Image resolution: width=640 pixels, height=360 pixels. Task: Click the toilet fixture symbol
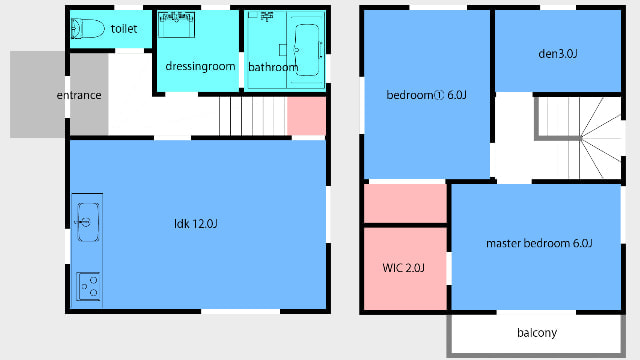coord(88,29)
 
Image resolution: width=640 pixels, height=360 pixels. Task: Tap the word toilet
coord(124,29)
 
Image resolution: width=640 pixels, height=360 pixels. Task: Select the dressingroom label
coord(200,66)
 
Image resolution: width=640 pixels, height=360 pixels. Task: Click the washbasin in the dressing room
coord(176,24)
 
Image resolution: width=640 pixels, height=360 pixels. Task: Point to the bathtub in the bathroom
coord(307,50)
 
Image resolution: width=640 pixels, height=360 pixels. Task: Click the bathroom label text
coord(273,67)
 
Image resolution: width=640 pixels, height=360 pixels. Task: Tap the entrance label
coord(79,95)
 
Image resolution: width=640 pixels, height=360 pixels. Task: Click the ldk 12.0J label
coord(196,224)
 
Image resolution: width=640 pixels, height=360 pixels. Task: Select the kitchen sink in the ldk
coord(87,222)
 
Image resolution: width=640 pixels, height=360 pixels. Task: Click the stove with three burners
coord(88,286)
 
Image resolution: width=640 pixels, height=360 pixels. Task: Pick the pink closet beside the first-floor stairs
coord(307,116)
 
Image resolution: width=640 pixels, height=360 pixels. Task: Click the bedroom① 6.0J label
coord(426,95)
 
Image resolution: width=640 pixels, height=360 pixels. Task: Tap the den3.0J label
coord(558,53)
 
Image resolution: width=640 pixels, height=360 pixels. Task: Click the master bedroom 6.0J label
coord(539,243)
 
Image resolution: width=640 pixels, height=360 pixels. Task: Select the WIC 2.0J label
coord(403,268)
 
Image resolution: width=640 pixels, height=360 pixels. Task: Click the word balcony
coord(537,333)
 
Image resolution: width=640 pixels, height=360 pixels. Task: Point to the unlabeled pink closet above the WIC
coord(405,203)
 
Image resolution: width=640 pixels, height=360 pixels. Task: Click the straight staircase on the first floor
coord(253,116)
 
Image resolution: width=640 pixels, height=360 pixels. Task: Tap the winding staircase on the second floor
coord(580,138)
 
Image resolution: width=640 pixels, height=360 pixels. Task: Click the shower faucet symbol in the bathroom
coord(267,16)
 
